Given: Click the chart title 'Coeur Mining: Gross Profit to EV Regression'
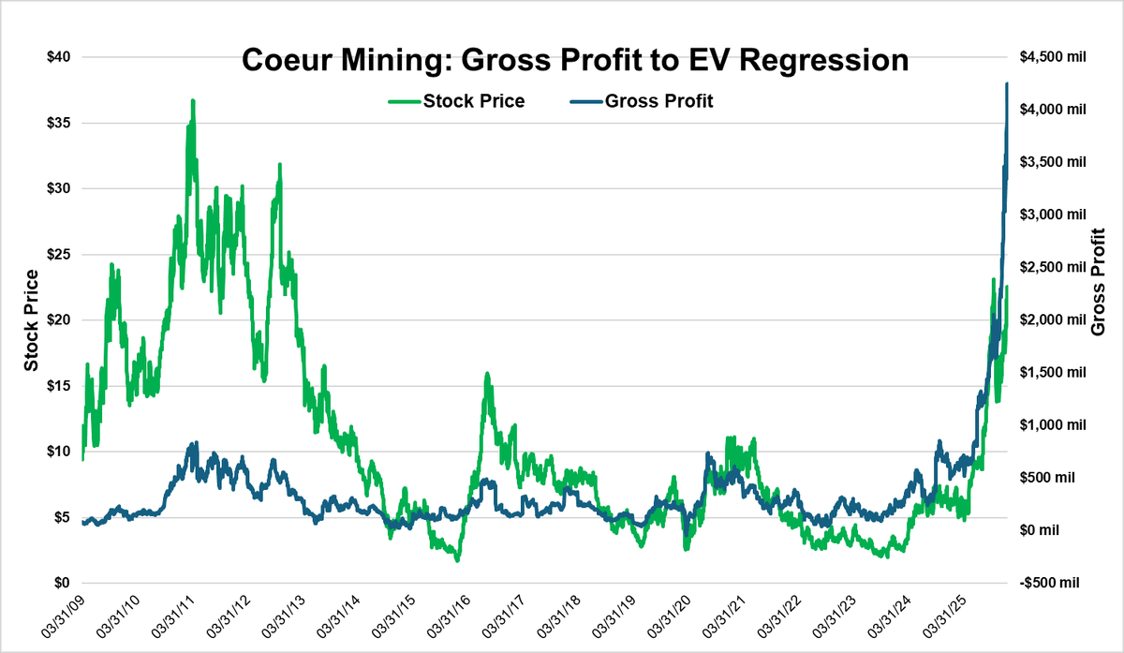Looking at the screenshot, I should pyautogui.click(x=575, y=60).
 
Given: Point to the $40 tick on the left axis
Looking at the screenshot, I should pyautogui.click(x=61, y=57).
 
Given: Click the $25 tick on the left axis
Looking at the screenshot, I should pyautogui.click(x=61, y=254).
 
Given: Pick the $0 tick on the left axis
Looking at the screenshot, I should pyautogui.click(x=66, y=583).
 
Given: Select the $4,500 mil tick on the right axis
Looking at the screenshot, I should pyautogui.click(x=1052, y=57).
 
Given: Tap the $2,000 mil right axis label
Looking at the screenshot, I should pyautogui.click(x=1052, y=319).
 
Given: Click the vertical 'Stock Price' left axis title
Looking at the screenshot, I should pyautogui.click(x=31, y=319).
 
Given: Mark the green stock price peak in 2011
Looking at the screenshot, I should pyautogui.click(x=193, y=100).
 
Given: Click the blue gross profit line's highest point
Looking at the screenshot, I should pyautogui.click(x=1006, y=84).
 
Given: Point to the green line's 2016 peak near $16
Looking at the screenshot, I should pyautogui.click(x=487, y=374).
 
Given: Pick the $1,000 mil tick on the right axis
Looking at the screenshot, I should pyautogui.click(x=1052, y=425).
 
